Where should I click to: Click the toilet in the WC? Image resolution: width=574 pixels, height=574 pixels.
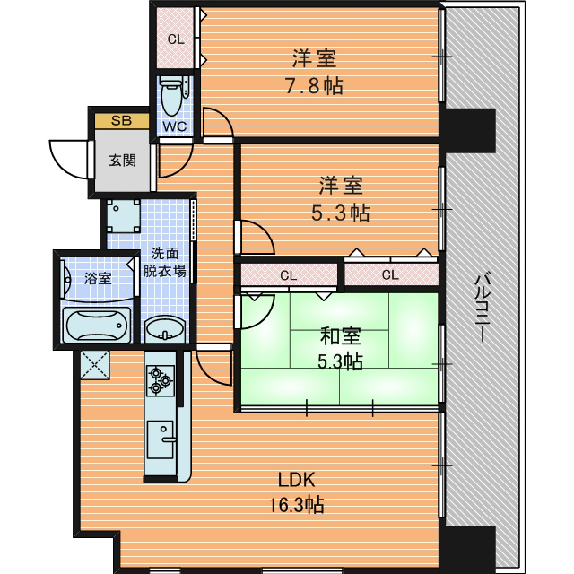(172, 96)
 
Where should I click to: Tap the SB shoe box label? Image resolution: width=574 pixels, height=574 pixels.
(122, 120)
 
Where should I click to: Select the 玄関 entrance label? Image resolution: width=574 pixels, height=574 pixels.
(122, 160)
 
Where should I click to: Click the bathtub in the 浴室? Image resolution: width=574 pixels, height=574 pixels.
(97, 325)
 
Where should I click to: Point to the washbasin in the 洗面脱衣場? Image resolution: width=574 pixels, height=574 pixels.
(165, 328)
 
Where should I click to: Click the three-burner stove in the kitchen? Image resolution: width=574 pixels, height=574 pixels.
(161, 380)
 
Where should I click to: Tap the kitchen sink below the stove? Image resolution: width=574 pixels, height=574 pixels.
(161, 439)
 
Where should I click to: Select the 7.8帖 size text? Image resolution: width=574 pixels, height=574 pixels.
(314, 86)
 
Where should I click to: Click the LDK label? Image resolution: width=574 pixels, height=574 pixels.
(297, 480)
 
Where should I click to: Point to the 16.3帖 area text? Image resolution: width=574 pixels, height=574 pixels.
(297, 504)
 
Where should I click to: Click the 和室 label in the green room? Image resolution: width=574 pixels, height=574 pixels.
(341, 336)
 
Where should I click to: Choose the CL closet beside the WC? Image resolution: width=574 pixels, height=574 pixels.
(176, 38)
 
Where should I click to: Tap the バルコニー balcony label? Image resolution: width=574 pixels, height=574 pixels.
(483, 309)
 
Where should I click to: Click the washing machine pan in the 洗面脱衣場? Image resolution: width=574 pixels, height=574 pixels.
(124, 216)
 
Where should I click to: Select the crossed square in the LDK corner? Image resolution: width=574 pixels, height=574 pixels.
(95, 365)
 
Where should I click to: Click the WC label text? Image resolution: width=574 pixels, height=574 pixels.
(175, 126)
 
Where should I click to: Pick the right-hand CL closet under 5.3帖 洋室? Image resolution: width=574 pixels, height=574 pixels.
(391, 274)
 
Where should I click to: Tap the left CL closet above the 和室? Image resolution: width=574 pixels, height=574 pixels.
(289, 275)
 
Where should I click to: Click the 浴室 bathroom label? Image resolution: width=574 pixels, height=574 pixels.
(98, 278)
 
